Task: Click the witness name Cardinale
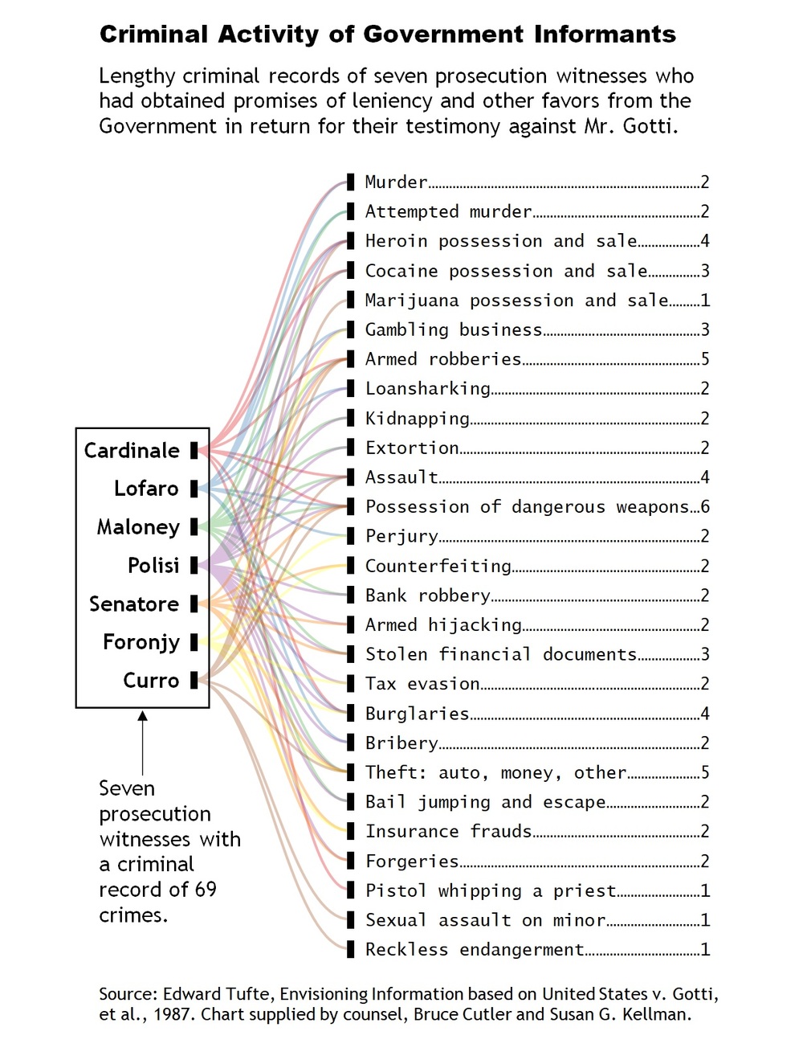click(132, 451)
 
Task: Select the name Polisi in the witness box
click(153, 566)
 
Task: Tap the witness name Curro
click(151, 681)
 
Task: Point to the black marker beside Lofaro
click(194, 489)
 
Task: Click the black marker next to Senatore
click(194, 604)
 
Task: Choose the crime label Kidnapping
click(417, 419)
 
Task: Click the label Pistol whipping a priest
click(490, 891)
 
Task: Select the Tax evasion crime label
click(422, 684)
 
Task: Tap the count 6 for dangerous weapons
click(705, 507)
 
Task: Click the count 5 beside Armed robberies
click(705, 359)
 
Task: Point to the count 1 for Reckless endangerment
click(705, 950)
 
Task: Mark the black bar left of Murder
click(350, 182)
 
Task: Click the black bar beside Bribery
click(350, 743)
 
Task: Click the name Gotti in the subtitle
click(649, 126)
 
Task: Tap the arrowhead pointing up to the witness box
click(142, 716)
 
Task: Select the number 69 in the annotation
click(206, 890)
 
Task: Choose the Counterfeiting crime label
click(438, 567)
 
